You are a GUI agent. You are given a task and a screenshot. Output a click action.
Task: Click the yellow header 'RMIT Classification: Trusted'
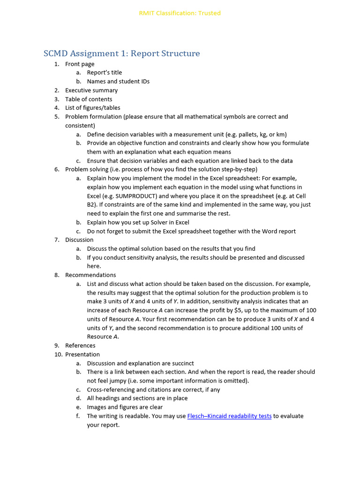point(180,13)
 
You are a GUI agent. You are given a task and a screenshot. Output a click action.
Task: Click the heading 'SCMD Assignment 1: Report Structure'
point(122,53)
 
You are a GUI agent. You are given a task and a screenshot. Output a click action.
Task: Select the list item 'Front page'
point(80,64)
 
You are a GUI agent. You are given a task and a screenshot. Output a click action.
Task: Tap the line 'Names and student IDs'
point(118,81)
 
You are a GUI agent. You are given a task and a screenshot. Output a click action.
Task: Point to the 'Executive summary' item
point(91,90)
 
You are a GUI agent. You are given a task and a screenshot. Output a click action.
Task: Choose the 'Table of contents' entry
point(89,99)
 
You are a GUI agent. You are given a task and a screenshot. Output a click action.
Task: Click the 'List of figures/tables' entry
point(93,108)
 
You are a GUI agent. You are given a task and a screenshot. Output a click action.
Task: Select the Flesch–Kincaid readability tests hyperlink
point(229,416)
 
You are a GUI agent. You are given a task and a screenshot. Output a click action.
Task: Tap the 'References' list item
point(80,345)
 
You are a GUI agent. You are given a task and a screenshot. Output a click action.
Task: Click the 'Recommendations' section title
point(90,275)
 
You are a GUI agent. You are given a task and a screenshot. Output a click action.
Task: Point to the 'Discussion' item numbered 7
point(79,240)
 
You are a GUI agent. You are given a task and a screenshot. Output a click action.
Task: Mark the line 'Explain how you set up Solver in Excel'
point(138,222)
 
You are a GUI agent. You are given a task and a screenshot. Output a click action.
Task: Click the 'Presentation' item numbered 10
point(82,354)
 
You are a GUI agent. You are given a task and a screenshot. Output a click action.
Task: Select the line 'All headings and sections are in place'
point(137,398)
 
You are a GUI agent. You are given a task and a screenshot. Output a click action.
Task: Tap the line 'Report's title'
point(104,73)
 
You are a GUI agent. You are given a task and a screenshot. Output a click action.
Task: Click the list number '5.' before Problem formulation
point(57,117)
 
